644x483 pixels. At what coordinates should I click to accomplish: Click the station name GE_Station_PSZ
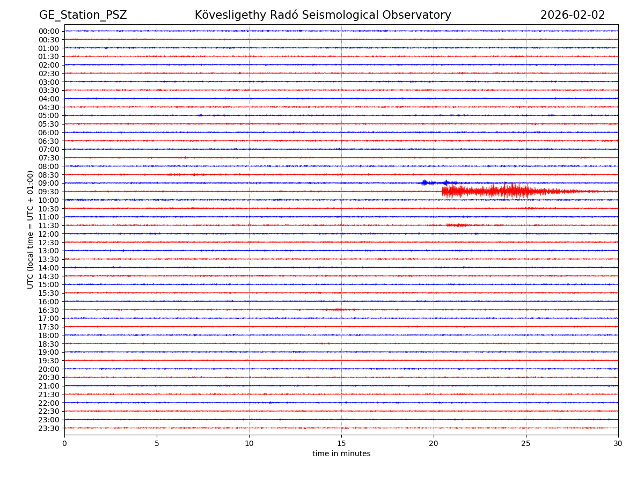click(x=83, y=15)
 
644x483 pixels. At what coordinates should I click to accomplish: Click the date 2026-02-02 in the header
click(x=572, y=15)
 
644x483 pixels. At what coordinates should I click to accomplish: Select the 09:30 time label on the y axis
click(x=49, y=192)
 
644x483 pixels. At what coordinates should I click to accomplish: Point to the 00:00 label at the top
click(x=49, y=31)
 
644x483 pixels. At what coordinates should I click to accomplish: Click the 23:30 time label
click(x=49, y=428)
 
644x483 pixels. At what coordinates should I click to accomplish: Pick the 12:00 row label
click(x=49, y=234)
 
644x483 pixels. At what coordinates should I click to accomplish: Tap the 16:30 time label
click(x=49, y=310)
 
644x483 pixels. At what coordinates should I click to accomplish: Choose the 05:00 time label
click(x=49, y=115)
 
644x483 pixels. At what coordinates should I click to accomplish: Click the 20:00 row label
click(x=49, y=369)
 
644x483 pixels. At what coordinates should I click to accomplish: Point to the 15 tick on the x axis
click(x=341, y=443)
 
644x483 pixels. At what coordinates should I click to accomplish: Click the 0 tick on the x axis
click(x=64, y=443)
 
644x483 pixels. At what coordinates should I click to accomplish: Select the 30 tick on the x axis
click(x=618, y=443)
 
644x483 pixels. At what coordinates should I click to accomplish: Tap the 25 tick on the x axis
click(x=526, y=443)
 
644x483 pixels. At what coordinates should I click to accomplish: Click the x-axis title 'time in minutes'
click(x=341, y=454)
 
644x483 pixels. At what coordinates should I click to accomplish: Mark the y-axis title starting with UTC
click(x=31, y=229)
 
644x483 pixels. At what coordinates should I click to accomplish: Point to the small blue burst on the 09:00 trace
click(x=425, y=182)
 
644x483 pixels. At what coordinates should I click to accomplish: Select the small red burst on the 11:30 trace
click(x=457, y=225)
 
